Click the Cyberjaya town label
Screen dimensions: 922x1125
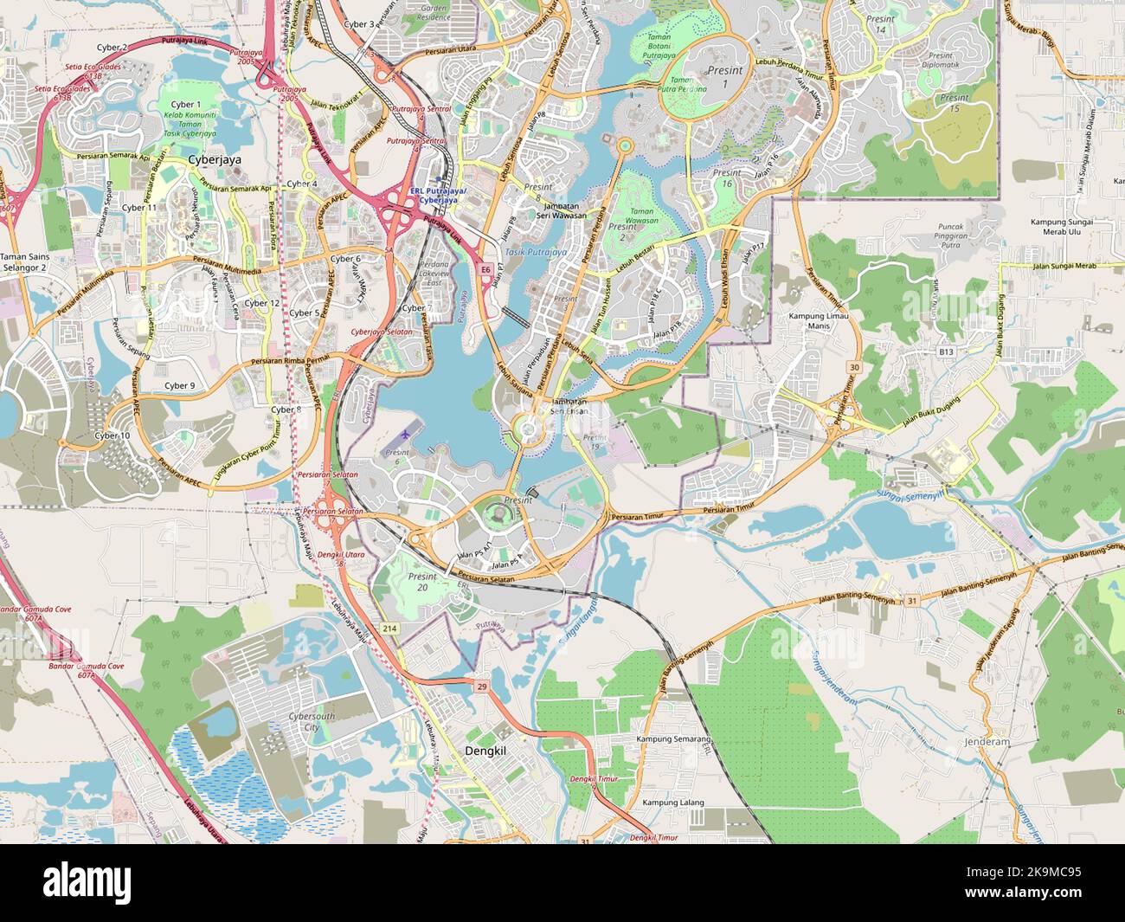[215, 161]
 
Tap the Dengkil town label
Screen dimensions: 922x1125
[485, 751]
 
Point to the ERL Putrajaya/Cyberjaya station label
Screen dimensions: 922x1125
[441, 195]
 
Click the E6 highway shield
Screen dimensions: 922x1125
[486, 270]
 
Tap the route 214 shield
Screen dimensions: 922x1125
[389, 629]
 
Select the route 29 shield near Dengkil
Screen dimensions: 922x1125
[482, 687]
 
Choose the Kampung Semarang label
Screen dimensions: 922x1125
[673, 739]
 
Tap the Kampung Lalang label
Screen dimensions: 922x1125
[673, 803]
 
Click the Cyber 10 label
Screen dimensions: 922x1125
[112, 435]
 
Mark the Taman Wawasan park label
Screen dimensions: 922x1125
[641, 216]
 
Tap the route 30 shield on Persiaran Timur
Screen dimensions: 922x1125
[855, 368]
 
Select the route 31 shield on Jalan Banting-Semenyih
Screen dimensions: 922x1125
[912, 601]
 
